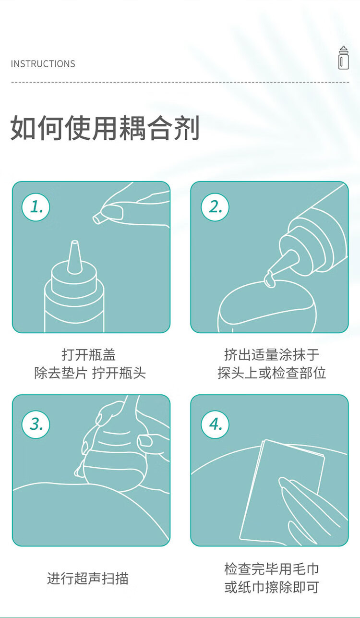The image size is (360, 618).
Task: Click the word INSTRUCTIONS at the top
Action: [x=43, y=64]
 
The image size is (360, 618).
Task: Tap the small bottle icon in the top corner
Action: [x=343, y=58]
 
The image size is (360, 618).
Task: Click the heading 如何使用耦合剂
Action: [x=105, y=128]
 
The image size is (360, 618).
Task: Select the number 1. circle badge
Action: [x=36, y=206]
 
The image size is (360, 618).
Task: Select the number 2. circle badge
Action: [x=215, y=206]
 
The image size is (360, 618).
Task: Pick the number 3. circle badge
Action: [x=36, y=424]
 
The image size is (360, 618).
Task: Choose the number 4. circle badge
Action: [x=215, y=424]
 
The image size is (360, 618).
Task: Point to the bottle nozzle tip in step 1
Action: [x=74, y=245]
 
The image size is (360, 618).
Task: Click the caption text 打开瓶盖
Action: [x=89, y=355]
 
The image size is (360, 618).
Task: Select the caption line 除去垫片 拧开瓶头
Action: [x=90, y=373]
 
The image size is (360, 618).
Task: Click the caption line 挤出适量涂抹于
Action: [x=271, y=355]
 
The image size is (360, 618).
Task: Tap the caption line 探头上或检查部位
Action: [x=271, y=373]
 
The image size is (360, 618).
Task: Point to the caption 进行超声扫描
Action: [x=88, y=578]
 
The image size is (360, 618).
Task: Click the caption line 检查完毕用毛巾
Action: [x=271, y=569]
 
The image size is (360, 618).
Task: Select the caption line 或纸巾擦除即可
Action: [x=271, y=587]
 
